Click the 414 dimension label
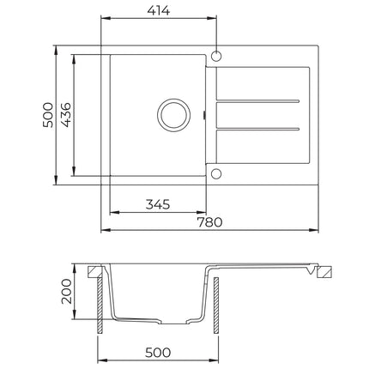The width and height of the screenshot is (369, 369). coord(159,10)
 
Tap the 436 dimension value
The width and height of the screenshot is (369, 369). coord(66,114)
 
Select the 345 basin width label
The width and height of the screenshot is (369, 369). coord(158,204)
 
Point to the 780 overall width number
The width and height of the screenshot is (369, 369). coord(209,222)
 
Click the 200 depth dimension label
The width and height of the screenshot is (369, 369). coord(66,291)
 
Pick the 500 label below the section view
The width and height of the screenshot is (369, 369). coord(158,353)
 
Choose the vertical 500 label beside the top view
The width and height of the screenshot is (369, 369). coord(48,115)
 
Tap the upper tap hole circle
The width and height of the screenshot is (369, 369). coord(216,56)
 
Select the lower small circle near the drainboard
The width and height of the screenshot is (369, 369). coord(216,173)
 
